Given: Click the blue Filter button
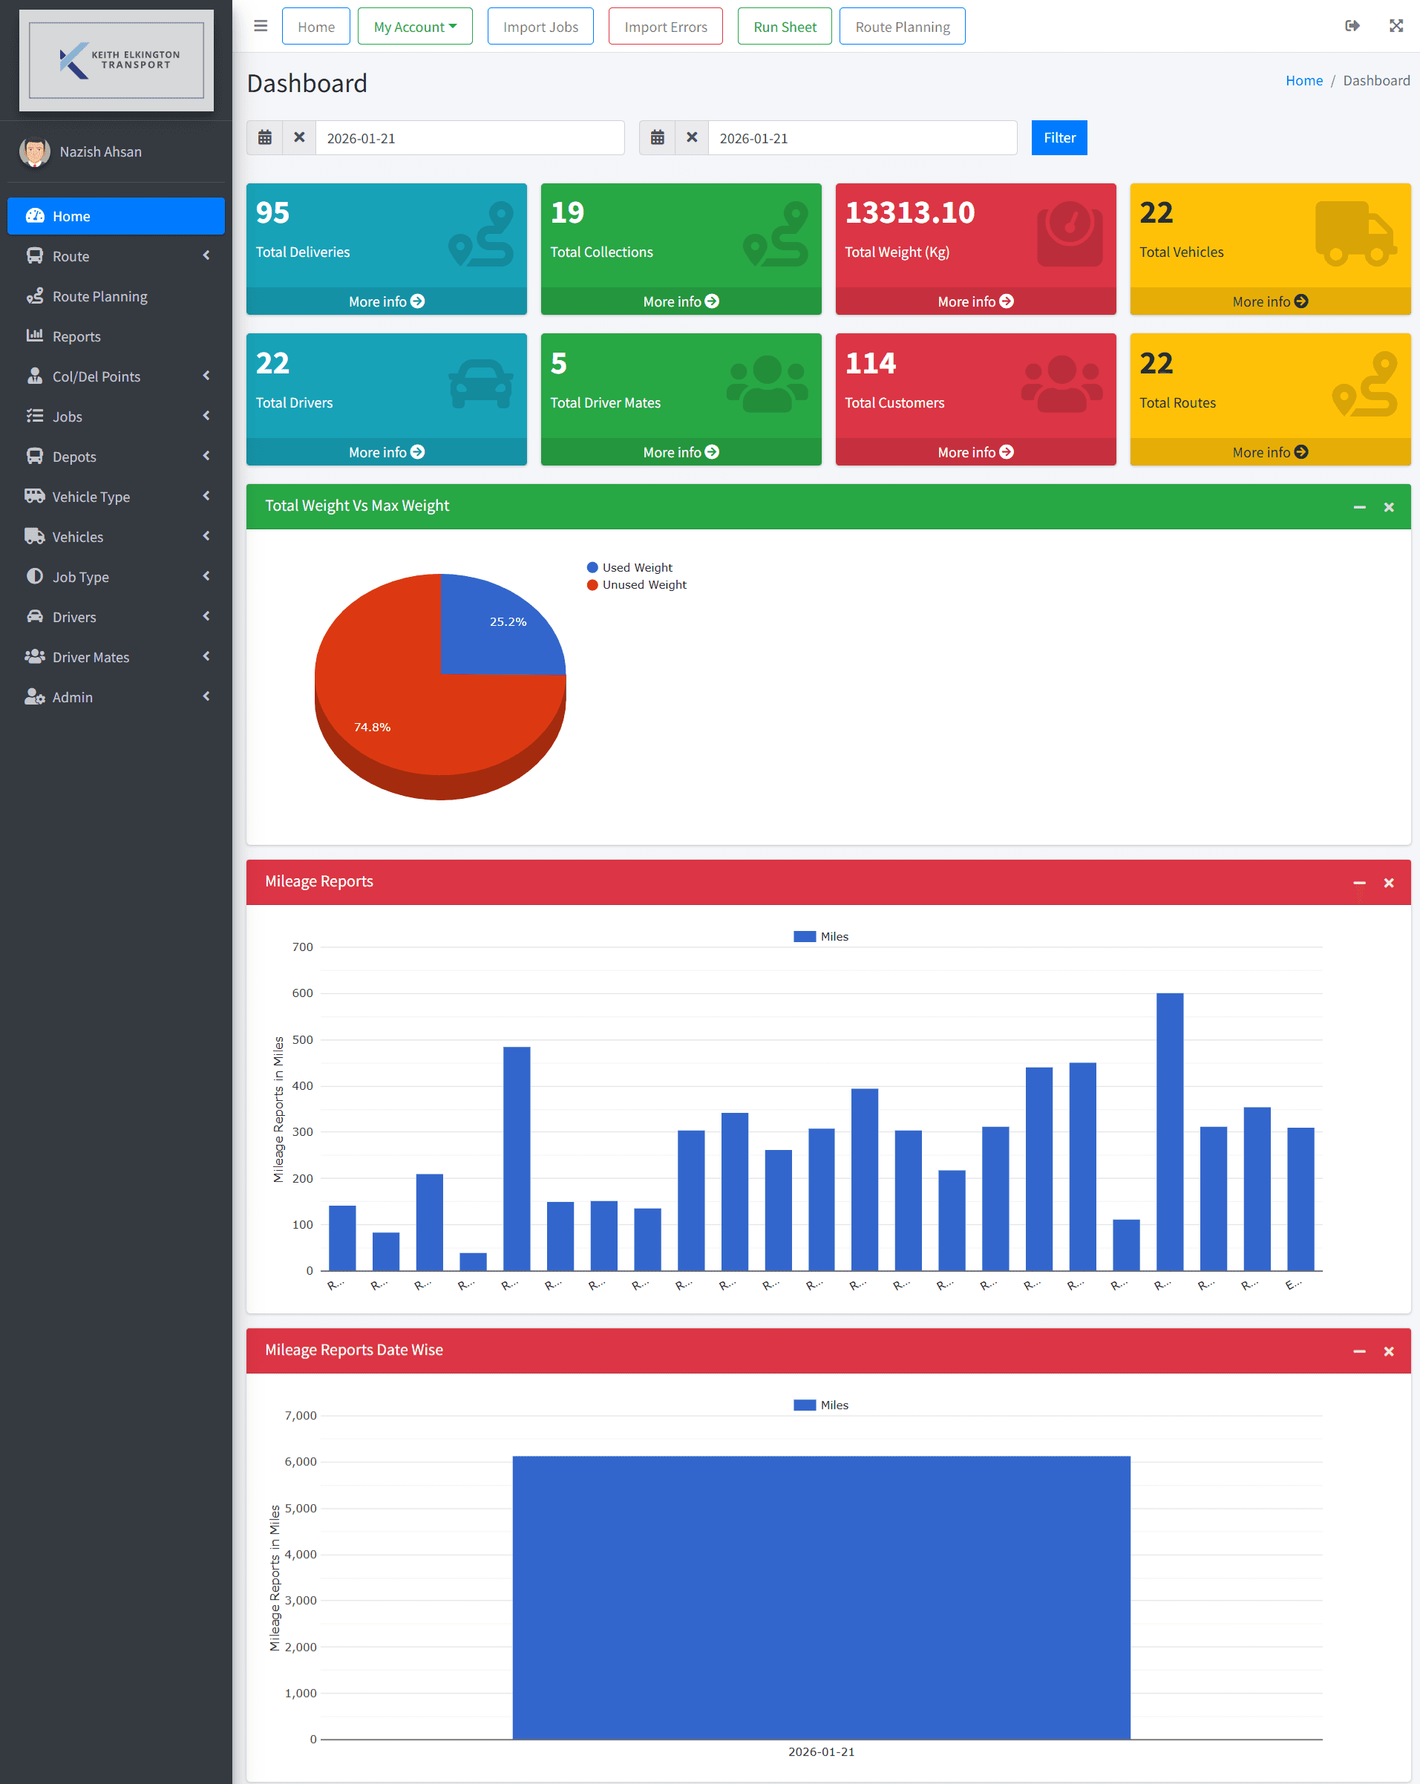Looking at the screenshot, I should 1059,137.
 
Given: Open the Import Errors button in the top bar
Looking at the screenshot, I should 665,27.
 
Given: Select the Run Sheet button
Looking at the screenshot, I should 784,27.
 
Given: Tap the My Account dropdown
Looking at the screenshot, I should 415,27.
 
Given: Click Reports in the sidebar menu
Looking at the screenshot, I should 76,336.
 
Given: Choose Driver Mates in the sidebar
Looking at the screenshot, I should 91,657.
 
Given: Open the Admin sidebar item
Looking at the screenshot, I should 72,696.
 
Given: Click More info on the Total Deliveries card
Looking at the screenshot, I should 385,301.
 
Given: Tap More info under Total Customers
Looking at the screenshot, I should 975,452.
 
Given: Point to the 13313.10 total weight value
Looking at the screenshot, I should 909,212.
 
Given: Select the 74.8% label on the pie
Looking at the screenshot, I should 373,727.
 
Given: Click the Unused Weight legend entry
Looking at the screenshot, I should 644,584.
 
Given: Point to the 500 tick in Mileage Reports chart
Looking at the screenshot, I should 303,1039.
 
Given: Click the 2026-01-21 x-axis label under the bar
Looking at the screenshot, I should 821,1751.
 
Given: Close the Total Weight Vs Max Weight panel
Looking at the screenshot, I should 1389,506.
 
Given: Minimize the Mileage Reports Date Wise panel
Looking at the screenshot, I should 1359,1350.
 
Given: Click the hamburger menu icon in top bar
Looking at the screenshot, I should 261,26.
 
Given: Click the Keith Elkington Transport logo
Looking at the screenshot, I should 116,60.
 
